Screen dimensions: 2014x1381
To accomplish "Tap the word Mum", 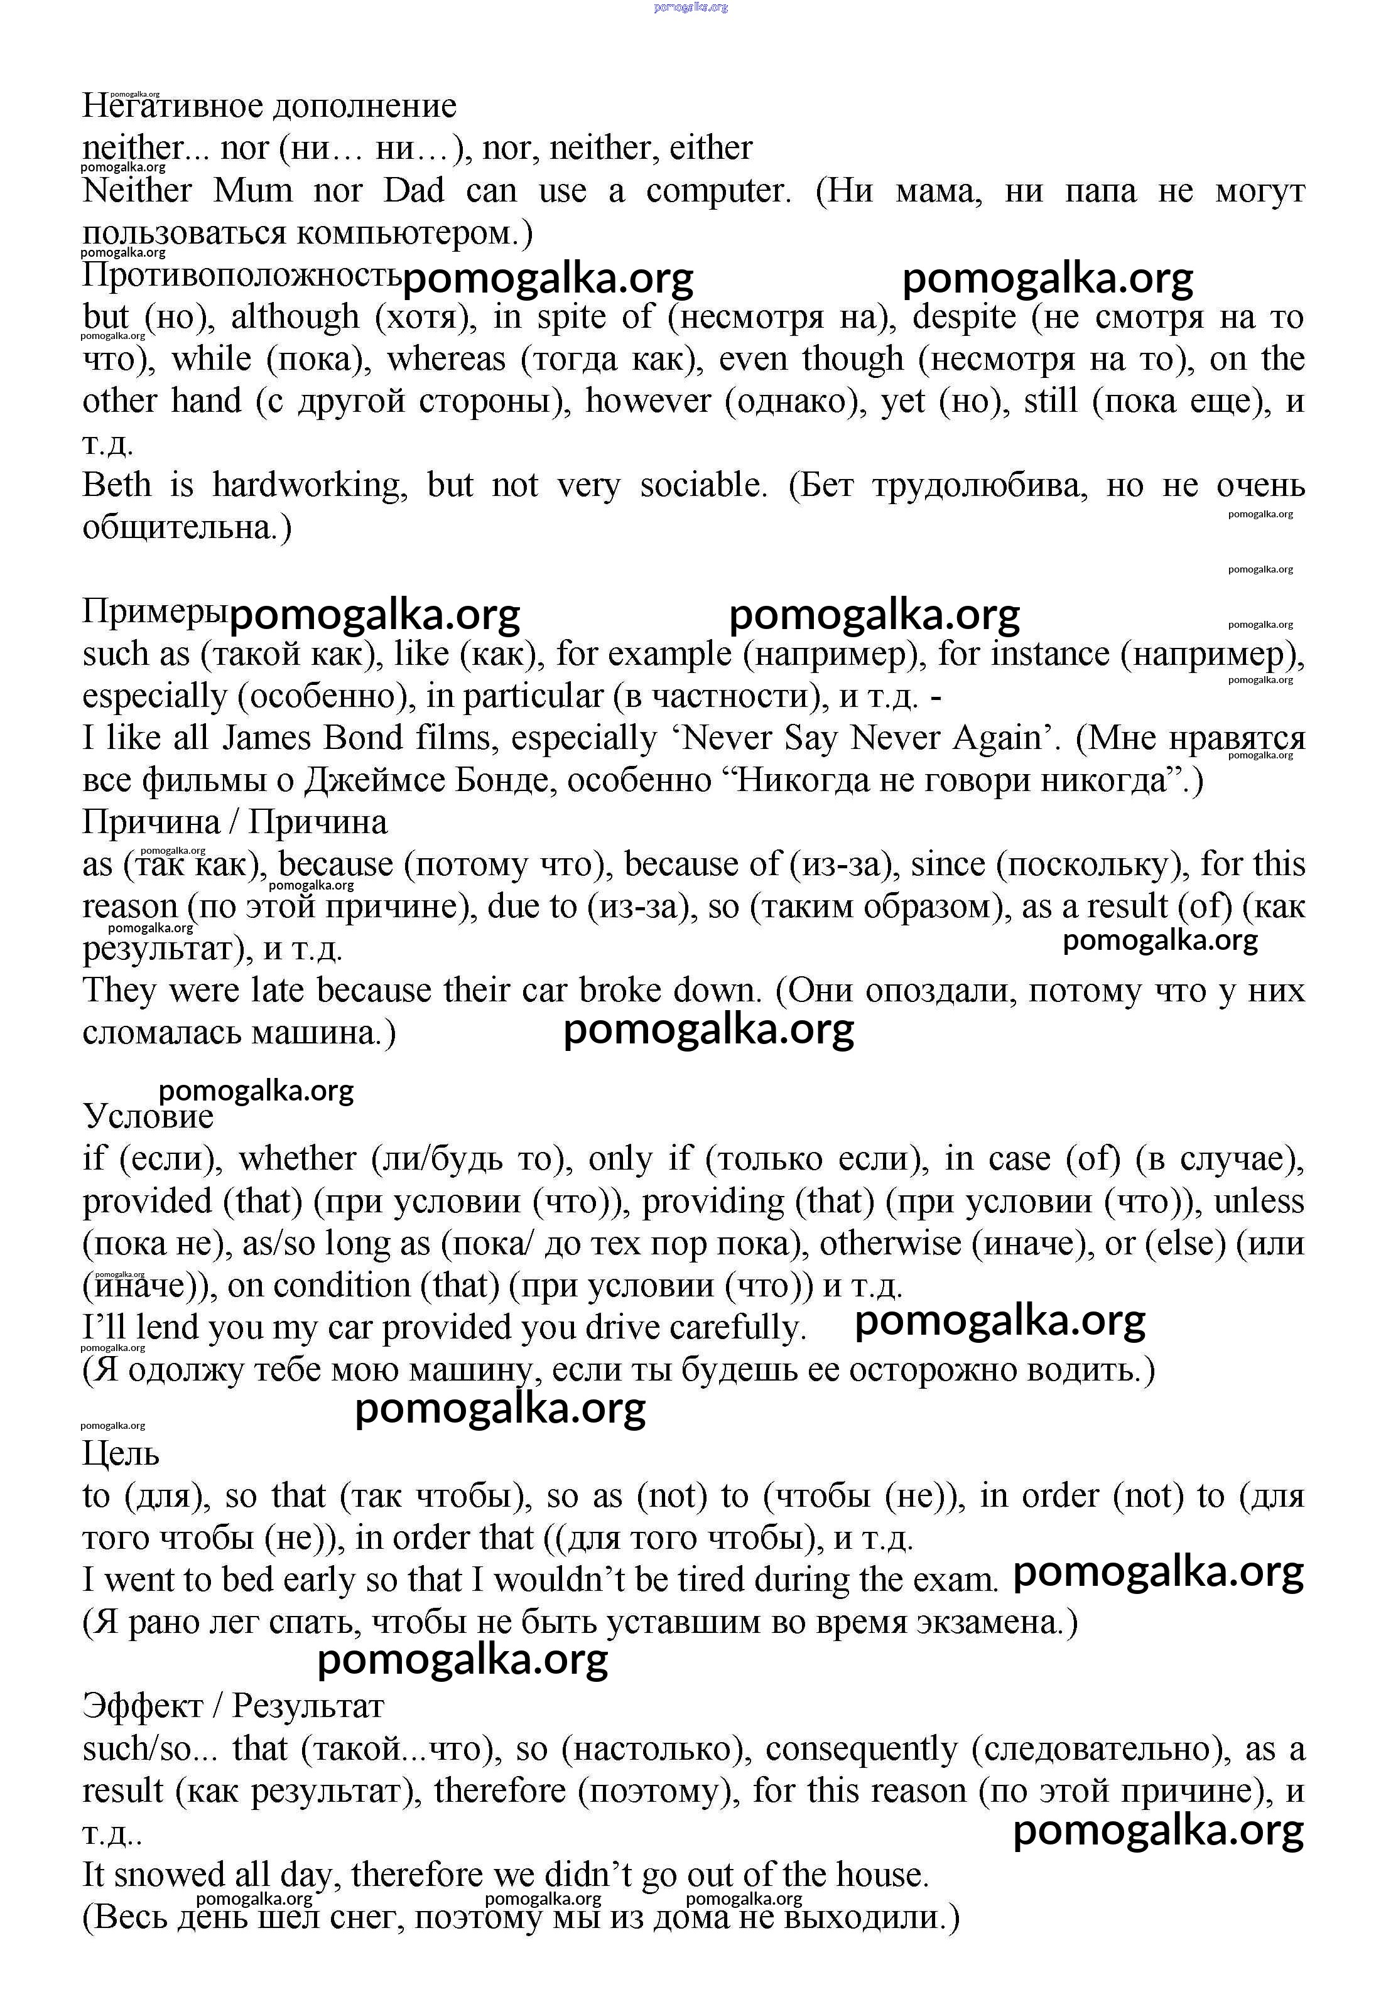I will coord(253,191).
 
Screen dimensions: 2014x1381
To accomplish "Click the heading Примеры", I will coord(155,612).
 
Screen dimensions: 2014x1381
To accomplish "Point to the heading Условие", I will coord(148,1116).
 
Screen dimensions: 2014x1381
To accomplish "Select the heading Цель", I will coord(121,1453).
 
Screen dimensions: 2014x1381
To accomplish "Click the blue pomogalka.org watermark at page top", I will coord(691,7).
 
